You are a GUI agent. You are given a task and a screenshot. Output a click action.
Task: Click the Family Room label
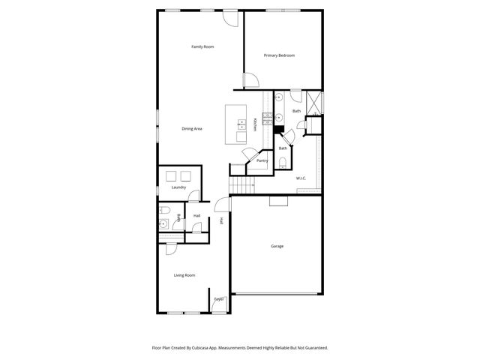[x=202, y=47]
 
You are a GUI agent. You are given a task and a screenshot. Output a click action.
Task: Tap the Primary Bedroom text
[x=279, y=55]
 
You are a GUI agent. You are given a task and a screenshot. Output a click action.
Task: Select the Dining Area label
[x=192, y=129]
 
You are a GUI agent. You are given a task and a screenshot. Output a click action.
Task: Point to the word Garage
[x=277, y=246]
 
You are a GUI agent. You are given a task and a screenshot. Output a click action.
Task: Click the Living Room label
[x=184, y=275]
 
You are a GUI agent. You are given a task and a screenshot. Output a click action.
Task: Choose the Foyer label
[x=219, y=299]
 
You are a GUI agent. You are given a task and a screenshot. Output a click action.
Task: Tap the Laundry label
[x=178, y=187]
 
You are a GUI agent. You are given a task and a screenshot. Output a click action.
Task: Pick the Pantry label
[x=262, y=160]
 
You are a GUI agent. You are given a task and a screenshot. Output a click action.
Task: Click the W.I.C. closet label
[x=301, y=178]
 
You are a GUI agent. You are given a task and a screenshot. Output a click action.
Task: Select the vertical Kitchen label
[x=255, y=124]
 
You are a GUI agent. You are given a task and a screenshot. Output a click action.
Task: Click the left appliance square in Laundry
[x=171, y=175]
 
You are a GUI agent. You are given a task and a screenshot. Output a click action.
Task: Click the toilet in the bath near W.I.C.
[x=282, y=161]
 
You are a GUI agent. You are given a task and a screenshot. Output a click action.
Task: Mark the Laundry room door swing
[x=193, y=196]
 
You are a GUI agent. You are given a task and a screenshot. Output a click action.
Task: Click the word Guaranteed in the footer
[x=314, y=348]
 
